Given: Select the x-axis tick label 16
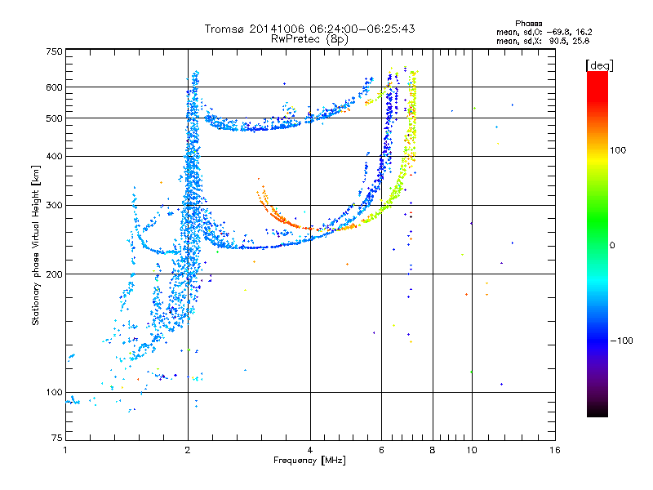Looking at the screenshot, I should tap(554, 450).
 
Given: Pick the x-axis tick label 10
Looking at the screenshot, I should tap(471, 450).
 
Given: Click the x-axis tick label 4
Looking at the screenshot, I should tap(310, 450).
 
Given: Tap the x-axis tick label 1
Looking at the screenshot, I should tap(65, 450).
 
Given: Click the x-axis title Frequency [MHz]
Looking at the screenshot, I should tap(310, 461).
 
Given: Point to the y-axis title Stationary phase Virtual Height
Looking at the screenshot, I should tap(36, 245).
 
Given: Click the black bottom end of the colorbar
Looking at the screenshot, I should tap(597, 412).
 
